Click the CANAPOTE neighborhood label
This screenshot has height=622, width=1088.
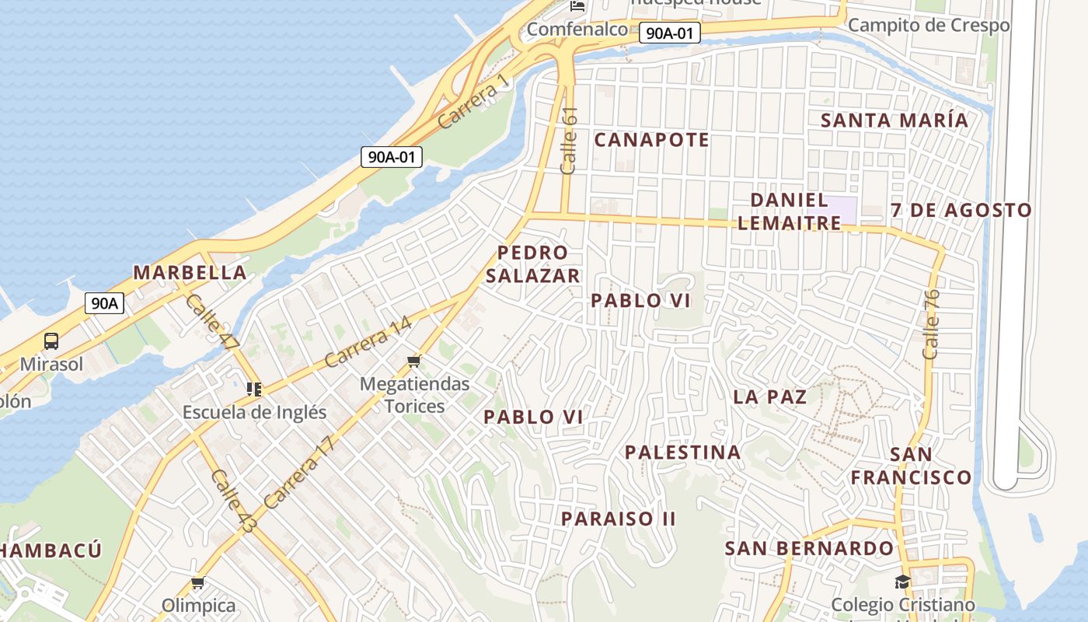[x=651, y=140]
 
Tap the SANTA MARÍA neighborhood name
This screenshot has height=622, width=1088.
[x=894, y=121]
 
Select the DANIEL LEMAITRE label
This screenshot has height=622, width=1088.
[x=789, y=211]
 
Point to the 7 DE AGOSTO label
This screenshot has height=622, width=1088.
[x=961, y=210]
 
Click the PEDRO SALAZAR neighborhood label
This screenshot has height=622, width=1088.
[x=533, y=264]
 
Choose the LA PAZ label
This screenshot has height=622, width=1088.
[x=769, y=397]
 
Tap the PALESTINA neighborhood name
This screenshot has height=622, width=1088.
[x=682, y=452]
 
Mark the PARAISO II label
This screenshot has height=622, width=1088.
[x=619, y=519]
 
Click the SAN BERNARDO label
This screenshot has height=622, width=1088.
[x=809, y=548]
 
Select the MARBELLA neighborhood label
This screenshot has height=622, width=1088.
[x=190, y=273]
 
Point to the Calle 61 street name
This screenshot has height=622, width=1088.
[x=570, y=140]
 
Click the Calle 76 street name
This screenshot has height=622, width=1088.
[x=932, y=324]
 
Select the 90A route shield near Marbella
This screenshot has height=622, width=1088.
[x=104, y=303]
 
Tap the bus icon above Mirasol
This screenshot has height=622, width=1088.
[x=51, y=341]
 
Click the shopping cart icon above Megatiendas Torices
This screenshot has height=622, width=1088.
[x=414, y=361]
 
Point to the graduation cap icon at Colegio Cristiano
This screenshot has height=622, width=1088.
[x=902, y=582]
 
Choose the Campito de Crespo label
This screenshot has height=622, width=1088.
[x=929, y=25]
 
